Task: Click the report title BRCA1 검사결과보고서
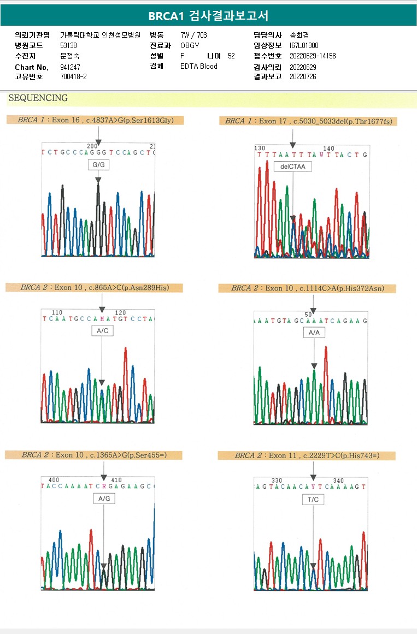tap(208, 16)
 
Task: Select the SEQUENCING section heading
tap(38, 98)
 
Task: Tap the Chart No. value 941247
tap(70, 67)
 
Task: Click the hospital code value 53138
tap(68, 45)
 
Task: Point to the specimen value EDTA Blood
tap(199, 67)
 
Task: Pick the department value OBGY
tap(190, 45)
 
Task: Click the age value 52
tap(231, 56)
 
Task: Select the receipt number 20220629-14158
tap(313, 56)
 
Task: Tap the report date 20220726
tap(303, 77)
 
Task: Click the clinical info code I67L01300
tap(304, 45)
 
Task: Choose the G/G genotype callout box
tap(98, 164)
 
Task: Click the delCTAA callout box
tap(293, 167)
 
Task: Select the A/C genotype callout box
tap(102, 330)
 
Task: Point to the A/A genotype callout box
tap(314, 332)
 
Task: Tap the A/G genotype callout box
tap(104, 499)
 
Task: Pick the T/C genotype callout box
tap(313, 500)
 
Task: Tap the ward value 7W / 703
tap(193, 35)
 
